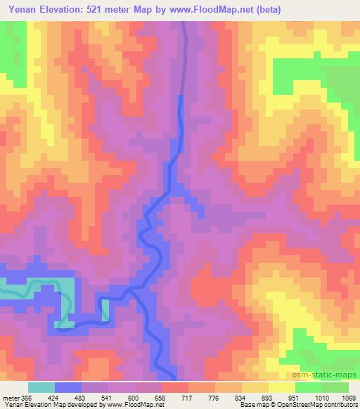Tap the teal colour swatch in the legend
(x=41, y=387)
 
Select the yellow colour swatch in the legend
(x=281, y=387)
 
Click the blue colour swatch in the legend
(x=68, y=387)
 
